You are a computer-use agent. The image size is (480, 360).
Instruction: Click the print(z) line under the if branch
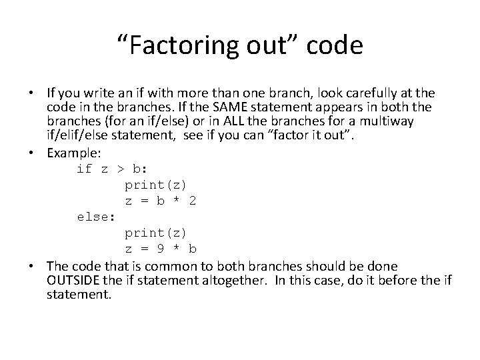pyautogui.click(x=156, y=184)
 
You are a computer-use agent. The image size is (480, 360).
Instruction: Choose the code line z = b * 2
pyautogui.click(x=160, y=200)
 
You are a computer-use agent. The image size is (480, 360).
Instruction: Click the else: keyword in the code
pyautogui.click(x=96, y=217)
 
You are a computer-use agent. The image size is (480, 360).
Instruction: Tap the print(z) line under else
pyautogui.click(x=156, y=233)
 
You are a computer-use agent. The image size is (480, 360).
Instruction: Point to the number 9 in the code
pyautogui.click(x=161, y=249)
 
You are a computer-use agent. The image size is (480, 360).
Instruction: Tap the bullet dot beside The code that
pyautogui.click(x=34, y=265)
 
